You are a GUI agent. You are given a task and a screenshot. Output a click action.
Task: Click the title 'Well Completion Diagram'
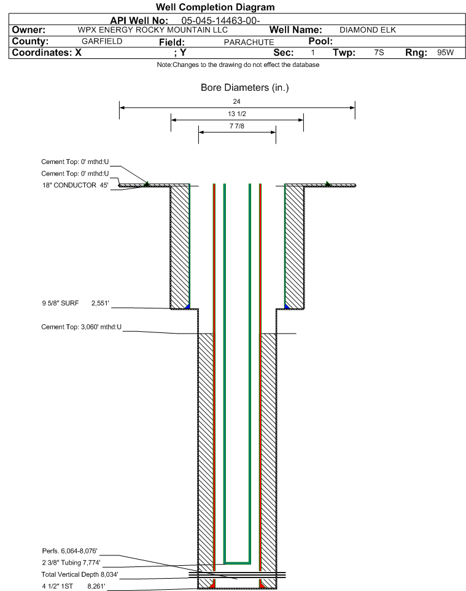point(215,7)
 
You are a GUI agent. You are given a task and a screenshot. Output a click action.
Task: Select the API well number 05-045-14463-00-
point(221,20)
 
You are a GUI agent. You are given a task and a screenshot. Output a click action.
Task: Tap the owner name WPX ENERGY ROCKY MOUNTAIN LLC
point(153,29)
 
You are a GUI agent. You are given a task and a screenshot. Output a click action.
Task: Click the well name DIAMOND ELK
point(368,29)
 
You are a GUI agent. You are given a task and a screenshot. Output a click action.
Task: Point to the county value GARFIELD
point(102,41)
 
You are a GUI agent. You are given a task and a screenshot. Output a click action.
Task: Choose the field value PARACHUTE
point(249,42)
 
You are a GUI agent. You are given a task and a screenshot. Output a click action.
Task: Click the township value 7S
point(379,52)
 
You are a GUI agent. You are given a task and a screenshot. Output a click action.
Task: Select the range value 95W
point(445,52)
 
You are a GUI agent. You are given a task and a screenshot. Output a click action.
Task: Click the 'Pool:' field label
point(320,41)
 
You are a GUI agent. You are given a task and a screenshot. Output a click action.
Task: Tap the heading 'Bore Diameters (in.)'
point(244,87)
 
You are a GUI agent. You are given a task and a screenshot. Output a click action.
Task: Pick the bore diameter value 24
point(236,101)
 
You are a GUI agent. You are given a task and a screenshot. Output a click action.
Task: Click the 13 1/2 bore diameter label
point(237,114)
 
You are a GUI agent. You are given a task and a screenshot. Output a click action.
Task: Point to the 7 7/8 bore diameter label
point(237,126)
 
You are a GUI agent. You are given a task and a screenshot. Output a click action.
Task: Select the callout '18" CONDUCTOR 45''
point(76,185)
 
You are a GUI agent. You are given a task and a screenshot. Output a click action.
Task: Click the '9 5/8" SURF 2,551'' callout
point(76,303)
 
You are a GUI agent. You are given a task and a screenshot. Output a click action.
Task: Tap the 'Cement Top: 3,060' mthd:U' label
point(82,327)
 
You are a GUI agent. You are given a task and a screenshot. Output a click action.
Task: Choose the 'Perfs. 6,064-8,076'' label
point(70,551)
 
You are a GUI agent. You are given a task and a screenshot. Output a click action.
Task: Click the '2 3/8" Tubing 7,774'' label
point(71,563)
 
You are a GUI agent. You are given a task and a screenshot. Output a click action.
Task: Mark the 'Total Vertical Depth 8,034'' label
point(80,574)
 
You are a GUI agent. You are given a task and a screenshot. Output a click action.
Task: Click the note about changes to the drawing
point(238,65)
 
